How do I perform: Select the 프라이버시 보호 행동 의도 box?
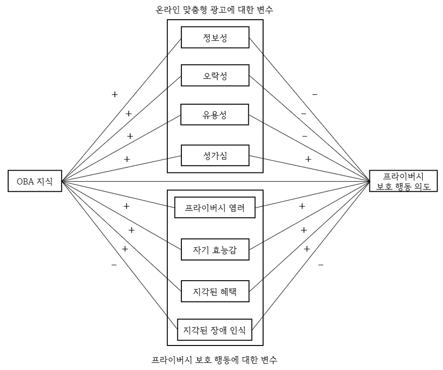click(403, 181)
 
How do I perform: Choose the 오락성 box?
click(215, 76)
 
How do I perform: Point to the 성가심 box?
click(215, 156)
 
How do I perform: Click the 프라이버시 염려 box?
click(215, 208)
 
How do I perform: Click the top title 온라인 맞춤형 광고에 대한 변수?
click(215, 9)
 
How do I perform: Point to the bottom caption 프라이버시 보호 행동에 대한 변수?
click(215, 359)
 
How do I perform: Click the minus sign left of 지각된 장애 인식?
click(114, 265)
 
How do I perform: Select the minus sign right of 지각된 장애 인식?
click(321, 265)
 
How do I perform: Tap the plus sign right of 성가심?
click(308, 159)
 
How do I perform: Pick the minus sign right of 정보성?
click(315, 95)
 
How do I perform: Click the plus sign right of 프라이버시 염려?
click(302, 206)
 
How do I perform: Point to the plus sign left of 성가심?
click(127, 159)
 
